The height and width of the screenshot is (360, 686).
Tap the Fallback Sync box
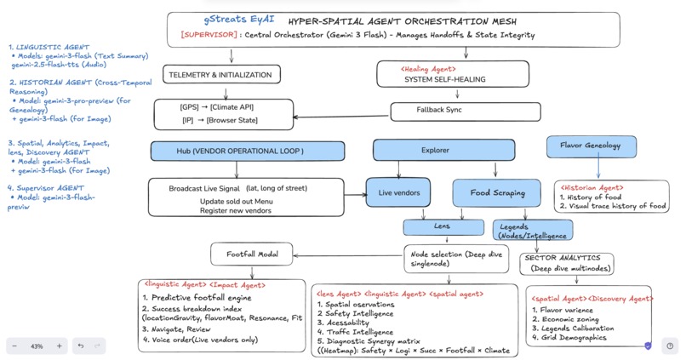click(438, 111)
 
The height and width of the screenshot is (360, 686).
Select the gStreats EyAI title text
click(234, 19)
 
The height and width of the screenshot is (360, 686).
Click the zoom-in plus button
click(59, 346)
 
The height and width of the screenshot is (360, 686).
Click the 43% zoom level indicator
click(37, 346)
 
